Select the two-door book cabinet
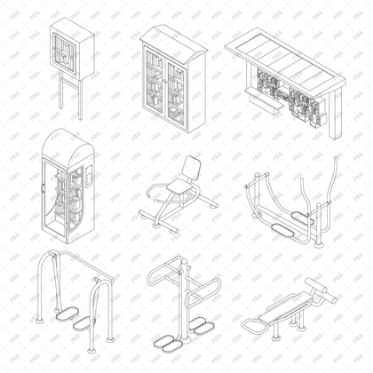[x=171, y=84]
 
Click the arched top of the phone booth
[x=67, y=142]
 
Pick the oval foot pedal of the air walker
[x=283, y=230]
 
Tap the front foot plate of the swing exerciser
[x=66, y=313]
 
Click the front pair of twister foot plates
[x=169, y=341]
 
